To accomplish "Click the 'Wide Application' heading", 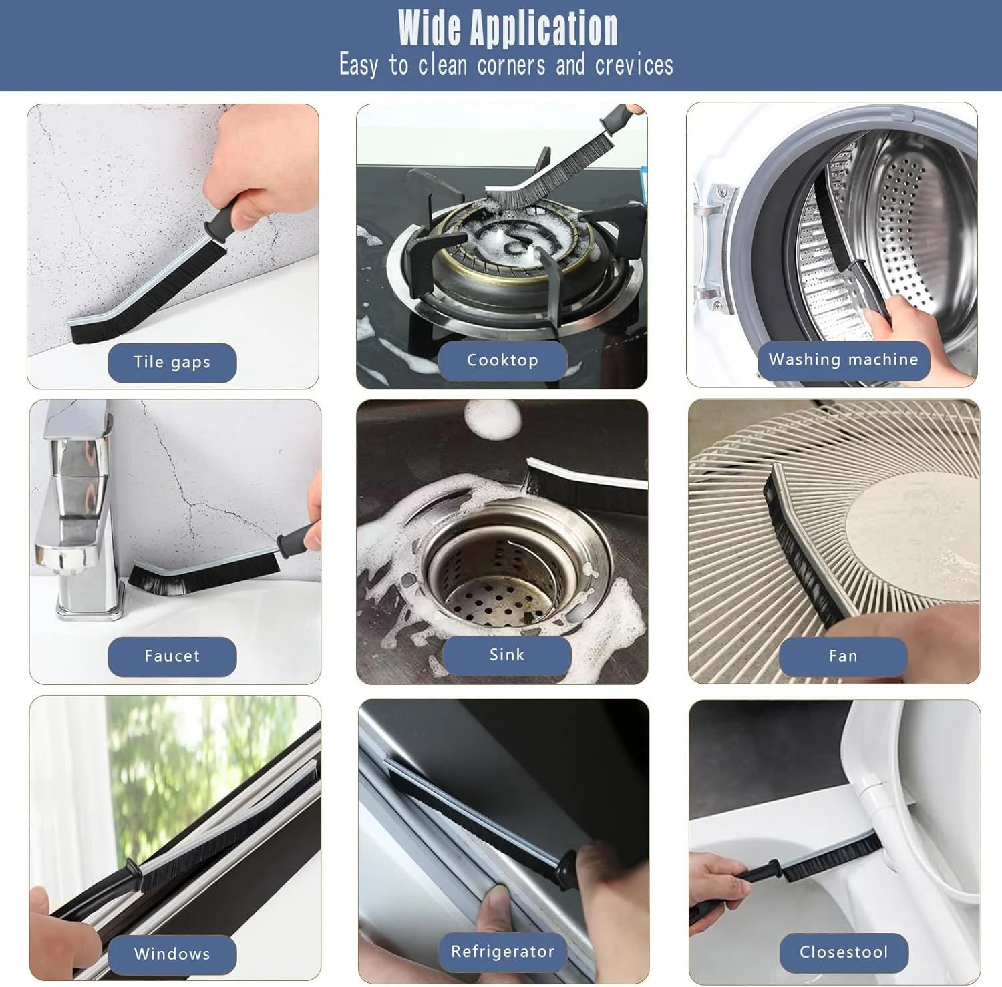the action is point(508,27).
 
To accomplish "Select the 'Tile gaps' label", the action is point(172,363).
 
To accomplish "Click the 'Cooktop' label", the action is point(502,361).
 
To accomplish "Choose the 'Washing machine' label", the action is point(844,361).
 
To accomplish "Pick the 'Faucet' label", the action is point(172,656).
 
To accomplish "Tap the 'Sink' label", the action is point(507,655).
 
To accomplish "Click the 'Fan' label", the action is point(843,656).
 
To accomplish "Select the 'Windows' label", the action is point(172,954).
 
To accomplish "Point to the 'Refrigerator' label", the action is point(503,952).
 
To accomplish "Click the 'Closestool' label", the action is point(844,952).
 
